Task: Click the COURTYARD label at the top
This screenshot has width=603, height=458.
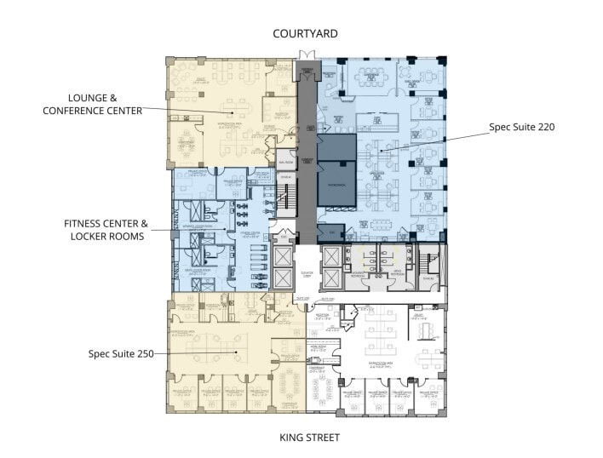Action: [306, 33]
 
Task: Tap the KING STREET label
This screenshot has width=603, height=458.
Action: [306, 438]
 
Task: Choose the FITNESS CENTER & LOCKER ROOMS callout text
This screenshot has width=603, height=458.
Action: [106, 229]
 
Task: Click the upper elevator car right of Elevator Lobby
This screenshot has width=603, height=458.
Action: [332, 257]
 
